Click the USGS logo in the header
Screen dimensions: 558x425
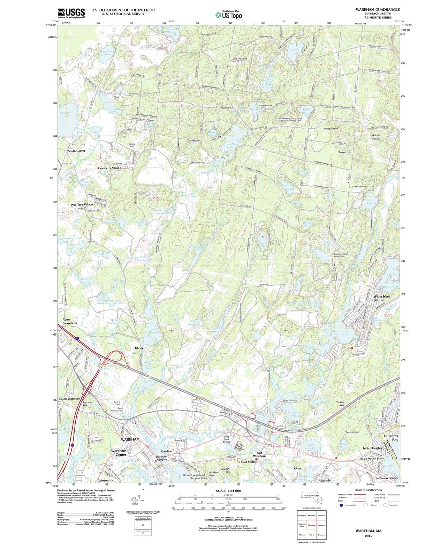pos(71,13)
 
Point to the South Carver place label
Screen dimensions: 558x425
pos(76,151)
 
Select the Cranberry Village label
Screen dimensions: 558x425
pos(109,168)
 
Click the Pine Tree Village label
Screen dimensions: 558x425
pos(82,205)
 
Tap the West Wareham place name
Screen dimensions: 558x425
pos(70,321)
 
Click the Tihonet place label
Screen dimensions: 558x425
pos(140,348)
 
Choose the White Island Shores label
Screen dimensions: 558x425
pos(382,298)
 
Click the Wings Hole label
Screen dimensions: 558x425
pos(331,129)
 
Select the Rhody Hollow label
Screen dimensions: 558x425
pos(375,137)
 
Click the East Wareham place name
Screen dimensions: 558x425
pos(259,454)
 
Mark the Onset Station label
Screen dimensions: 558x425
pos(248,462)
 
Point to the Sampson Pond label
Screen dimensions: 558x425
pos(65,114)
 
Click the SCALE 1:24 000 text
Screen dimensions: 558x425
pos(228,491)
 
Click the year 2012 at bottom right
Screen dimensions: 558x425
pos(369,536)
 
